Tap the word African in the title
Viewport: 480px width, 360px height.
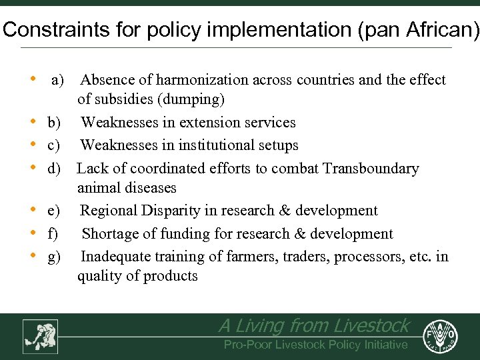click(x=438, y=31)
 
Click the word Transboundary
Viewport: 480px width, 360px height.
click(x=371, y=168)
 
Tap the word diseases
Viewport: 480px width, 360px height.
click(x=151, y=188)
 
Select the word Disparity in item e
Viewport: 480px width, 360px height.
click(x=169, y=211)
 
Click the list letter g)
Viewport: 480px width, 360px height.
click(x=54, y=256)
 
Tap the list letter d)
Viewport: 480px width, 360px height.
click(x=55, y=168)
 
